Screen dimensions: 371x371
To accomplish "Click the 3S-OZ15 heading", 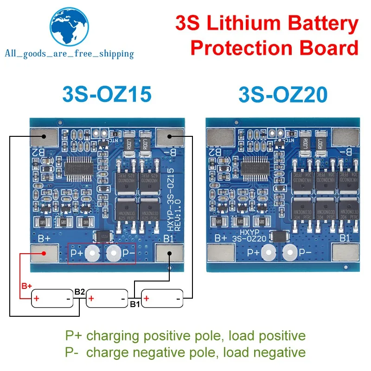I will (106, 95).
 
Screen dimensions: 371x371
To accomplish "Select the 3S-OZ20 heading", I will (283, 95).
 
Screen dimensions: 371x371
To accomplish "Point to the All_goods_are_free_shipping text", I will (69, 54).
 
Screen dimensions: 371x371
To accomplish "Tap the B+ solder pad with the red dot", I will (45, 254).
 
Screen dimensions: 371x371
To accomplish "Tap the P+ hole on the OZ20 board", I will (268, 253).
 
